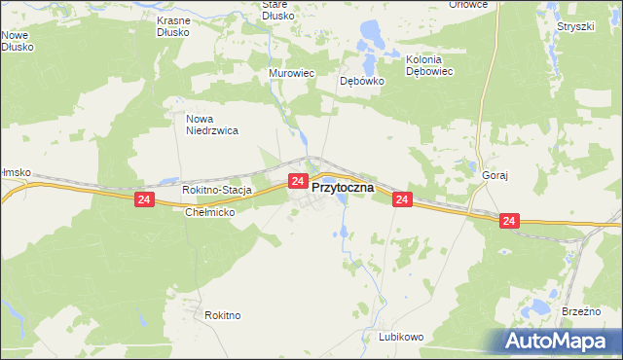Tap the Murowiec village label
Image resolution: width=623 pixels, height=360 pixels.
tap(289, 74)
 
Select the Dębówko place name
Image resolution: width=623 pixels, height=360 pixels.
tap(362, 82)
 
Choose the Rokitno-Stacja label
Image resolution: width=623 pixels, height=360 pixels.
tap(218, 191)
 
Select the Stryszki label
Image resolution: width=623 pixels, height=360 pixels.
tap(575, 26)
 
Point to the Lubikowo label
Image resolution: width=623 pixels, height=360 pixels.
tap(401, 337)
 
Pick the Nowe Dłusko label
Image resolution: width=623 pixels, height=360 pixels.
tap(18, 41)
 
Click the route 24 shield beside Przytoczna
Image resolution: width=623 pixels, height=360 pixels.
tap(299, 181)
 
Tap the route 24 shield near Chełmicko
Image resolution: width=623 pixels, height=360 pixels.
tap(144, 199)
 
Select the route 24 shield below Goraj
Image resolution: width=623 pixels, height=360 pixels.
tap(510, 222)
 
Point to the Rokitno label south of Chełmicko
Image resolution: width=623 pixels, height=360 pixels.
tap(223, 315)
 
